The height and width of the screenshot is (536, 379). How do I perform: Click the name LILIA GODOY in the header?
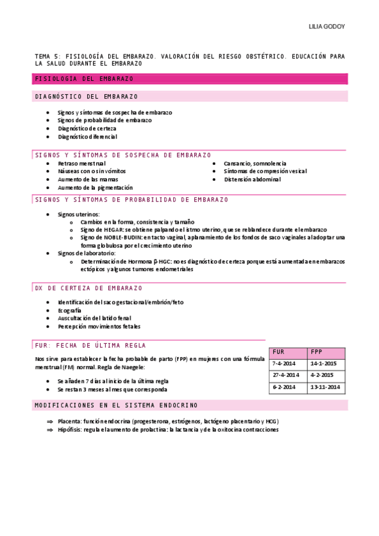[x=326, y=27]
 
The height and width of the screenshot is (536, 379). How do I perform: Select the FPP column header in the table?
[x=316, y=352]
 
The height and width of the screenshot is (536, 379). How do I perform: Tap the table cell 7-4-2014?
[x=284, y=363]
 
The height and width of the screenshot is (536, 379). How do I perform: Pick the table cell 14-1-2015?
[x=323, y=363]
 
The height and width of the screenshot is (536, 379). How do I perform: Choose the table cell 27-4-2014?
[x=285, y=375]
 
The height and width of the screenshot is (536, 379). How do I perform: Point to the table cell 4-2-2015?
[x=322, y=375]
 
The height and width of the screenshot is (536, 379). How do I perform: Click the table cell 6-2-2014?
[x=284, y=386]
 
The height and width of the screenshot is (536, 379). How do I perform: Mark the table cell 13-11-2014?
[x=325, y=386]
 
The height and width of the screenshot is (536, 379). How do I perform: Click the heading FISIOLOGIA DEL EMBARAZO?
[x=84, y=79]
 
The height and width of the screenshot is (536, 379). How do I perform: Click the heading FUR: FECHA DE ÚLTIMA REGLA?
[x=90, y=346]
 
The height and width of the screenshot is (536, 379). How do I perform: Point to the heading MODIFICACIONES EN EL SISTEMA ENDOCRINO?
[x=116, y=405]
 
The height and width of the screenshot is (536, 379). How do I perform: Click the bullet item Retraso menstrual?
[x=81, y=163]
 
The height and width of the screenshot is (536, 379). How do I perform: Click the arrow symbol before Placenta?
[x=51, y=421]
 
